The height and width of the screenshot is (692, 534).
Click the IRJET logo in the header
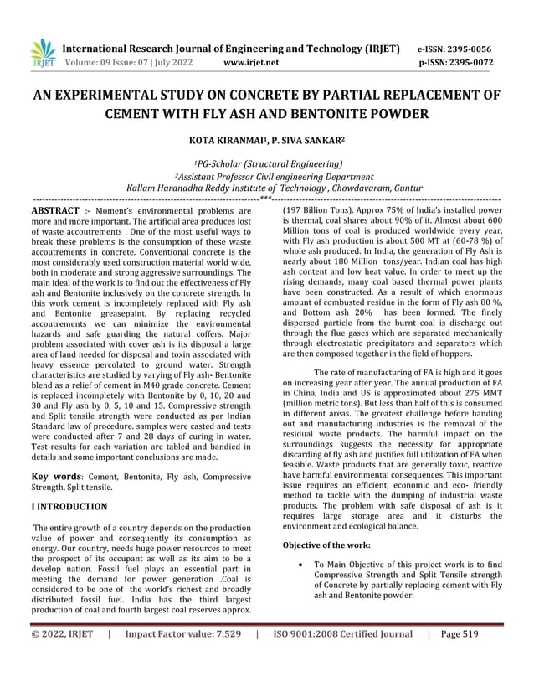pos(42,54)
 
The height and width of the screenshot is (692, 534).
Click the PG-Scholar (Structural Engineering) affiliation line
pos(267,164)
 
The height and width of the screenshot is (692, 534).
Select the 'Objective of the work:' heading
pos(331,545)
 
